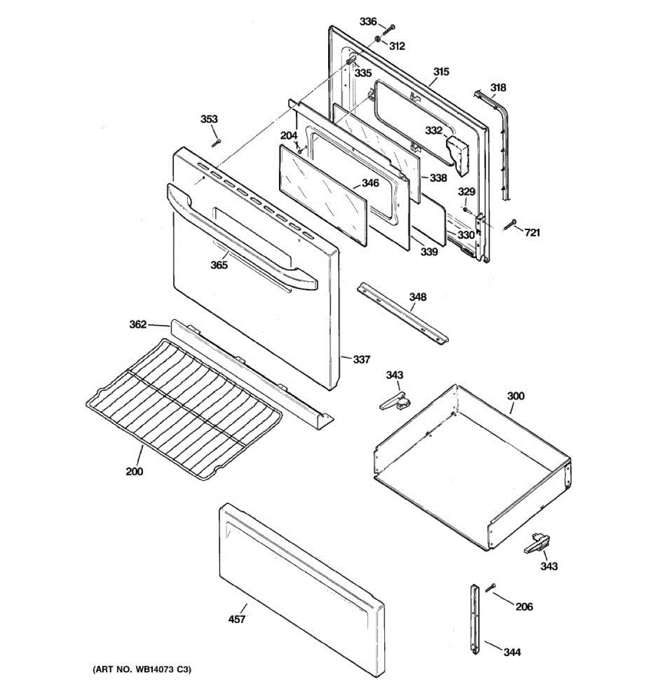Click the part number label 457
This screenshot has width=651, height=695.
pyautogui.click(x=237, y=620)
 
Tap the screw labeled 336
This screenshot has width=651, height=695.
pyautogui.click(x=389, y=28)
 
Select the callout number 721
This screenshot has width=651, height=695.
pyautogui.click(x=533, y=233)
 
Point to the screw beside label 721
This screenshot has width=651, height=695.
pyautogui.click(x=511, y=225)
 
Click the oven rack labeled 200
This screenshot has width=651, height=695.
pyautogui.click(x=182, y=405)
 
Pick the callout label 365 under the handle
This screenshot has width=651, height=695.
pyautogui.click(x=219, y=265)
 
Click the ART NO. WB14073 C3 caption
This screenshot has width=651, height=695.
pyautogui.click(x=142, y=670)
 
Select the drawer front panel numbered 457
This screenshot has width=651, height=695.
pyautogui.click(x=301, y=570)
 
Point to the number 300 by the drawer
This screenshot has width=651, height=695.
pyautogui.click(x=516, y=396)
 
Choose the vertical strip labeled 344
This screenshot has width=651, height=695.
pyautogui.click(x=475, y=620)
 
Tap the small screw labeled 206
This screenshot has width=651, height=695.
pyautogui.click(x=491, y=588)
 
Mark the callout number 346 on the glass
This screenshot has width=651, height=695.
pyautogui.click(x=370, y=183)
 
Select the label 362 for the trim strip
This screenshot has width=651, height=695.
pyautogui.click(x=138, y=324)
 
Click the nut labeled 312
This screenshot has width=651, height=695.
pyautogui.click(x=377, y=39)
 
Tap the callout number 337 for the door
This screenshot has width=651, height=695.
pyautogui.click(x=362, y=360)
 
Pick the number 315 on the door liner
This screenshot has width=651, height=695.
pyautogui.click(x=441, y=72)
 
